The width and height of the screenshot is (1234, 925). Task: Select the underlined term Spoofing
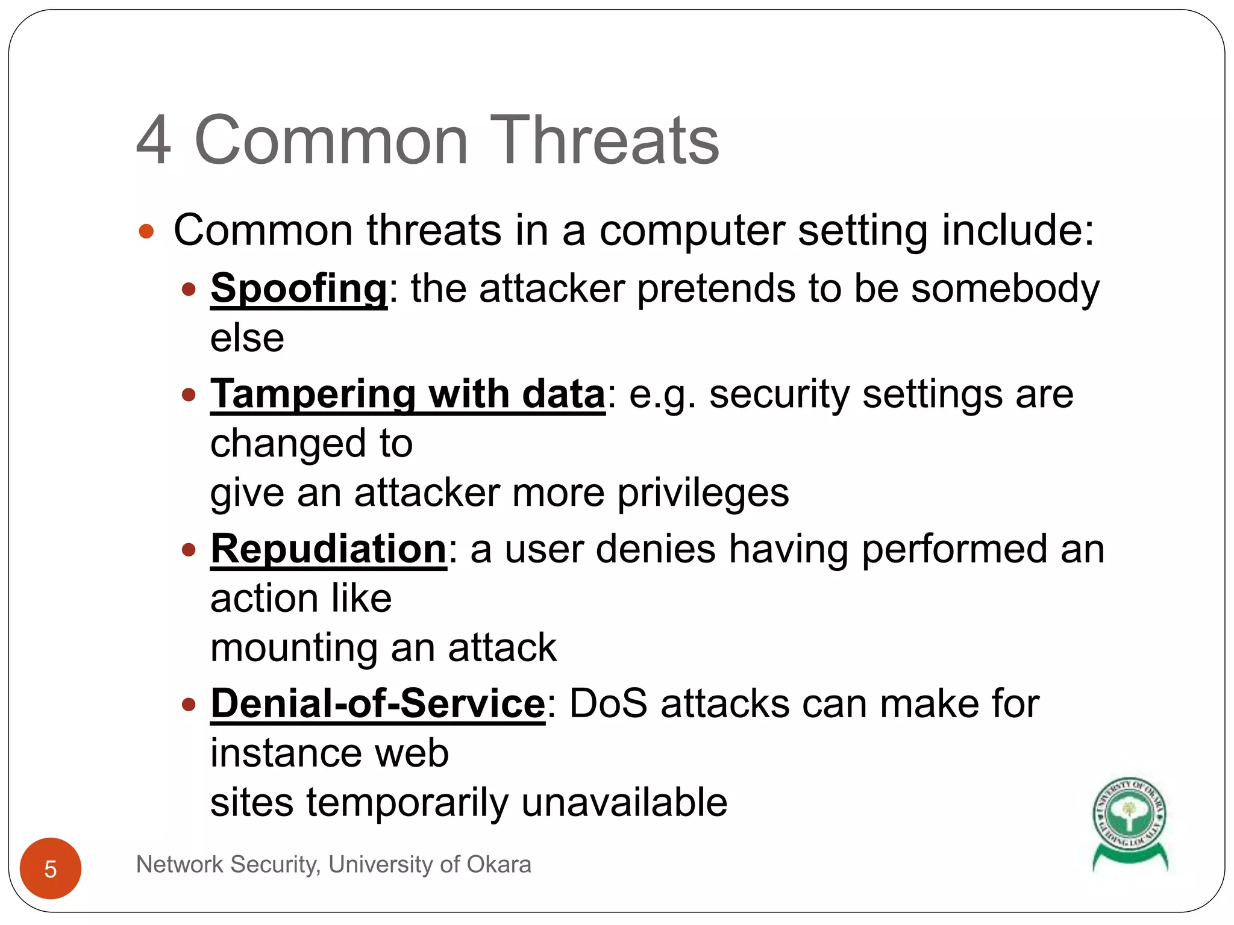(299, 289)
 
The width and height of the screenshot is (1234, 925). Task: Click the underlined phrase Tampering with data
(407, 394)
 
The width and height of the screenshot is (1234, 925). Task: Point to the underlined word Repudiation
(328, 549)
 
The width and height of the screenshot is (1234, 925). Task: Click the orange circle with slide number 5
(51, 868)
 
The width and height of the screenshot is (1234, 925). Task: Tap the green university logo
(1130, 823)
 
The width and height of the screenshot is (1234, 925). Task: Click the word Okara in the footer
(498, 865)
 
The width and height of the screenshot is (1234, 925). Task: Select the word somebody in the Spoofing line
(1005, 289)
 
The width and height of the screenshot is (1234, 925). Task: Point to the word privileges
(703, 493)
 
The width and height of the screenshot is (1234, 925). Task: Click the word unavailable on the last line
(624, 803)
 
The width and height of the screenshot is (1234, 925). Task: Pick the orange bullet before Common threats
(146, 231)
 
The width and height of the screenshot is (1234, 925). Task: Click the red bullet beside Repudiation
(189, 550)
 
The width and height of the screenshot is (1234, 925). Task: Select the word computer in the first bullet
(692, 231)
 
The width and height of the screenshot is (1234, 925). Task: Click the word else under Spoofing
(247, 338)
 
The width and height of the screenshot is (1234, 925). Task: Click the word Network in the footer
(180, 865)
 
